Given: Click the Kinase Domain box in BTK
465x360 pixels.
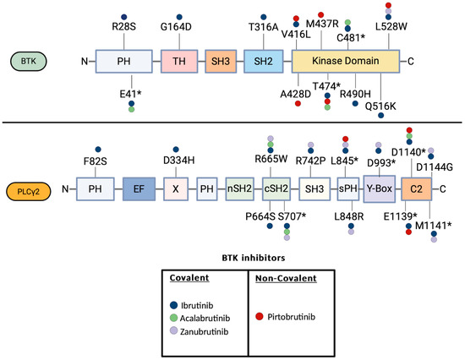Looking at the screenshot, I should point(346,61).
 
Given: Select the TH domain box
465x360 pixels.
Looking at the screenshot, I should point(178,61).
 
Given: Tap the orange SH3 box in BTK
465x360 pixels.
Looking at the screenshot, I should point(221,61).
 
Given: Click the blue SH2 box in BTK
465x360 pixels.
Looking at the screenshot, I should point(263,61).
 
